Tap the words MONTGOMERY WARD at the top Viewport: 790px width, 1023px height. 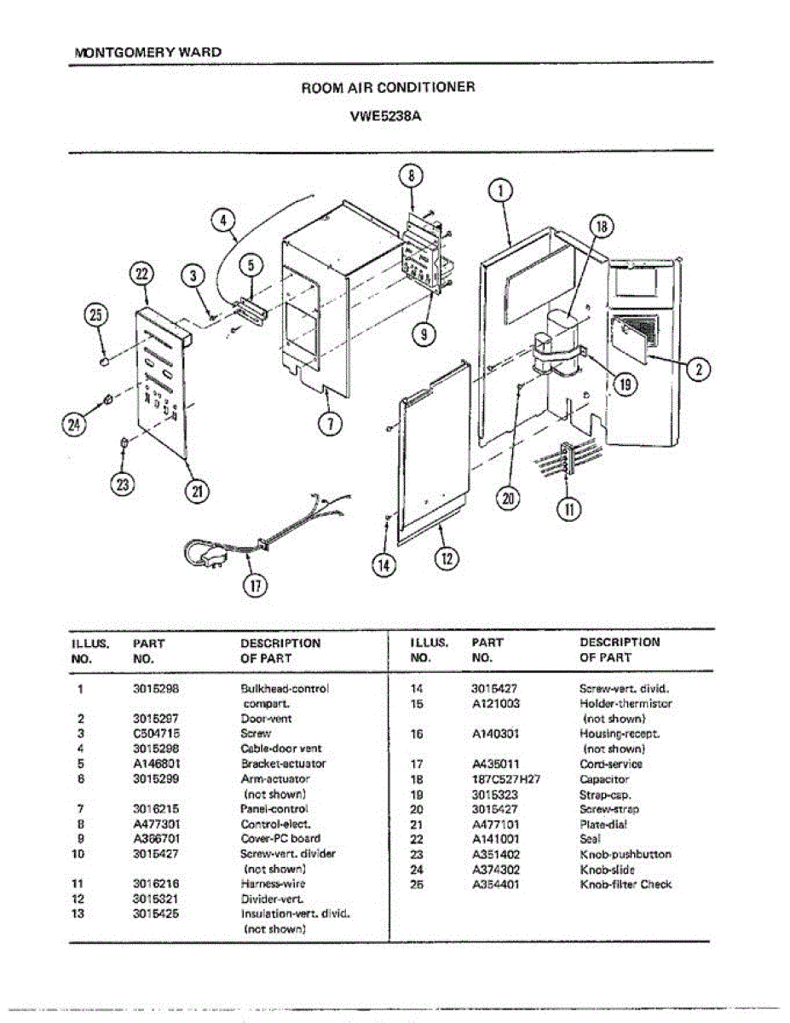148,52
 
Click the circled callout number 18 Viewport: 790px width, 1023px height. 602,227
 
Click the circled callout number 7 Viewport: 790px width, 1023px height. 328,423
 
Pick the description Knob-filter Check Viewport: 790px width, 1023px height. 626,885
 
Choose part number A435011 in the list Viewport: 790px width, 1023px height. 495,764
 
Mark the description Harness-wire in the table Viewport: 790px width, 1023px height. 273,884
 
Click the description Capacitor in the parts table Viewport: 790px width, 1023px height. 604,779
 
